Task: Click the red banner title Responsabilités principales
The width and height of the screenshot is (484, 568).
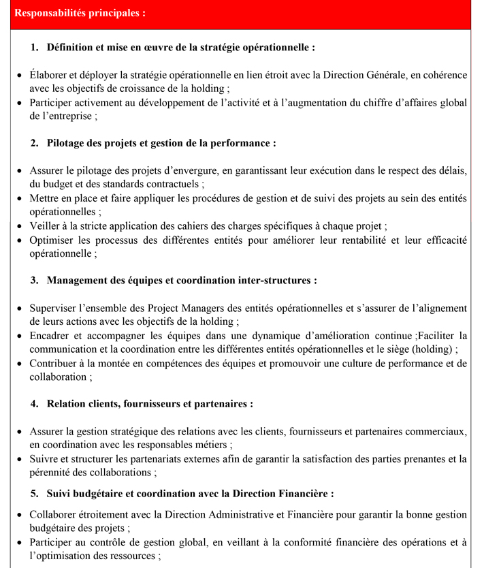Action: click(79, 13)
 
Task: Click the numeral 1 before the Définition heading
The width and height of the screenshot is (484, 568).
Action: click(34, 48)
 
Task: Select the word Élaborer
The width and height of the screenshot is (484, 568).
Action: click(49, 75)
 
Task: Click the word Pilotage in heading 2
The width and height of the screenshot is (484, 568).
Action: click(69, 144)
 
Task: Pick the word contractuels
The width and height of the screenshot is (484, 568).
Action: click(170, 185)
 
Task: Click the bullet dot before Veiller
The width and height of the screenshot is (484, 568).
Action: click(19, 226)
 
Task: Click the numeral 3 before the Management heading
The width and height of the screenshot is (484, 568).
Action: click(34, 281)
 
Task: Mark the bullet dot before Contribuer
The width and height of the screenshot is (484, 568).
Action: click(19, 364)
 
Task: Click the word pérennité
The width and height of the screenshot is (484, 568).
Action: click(54, 473)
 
